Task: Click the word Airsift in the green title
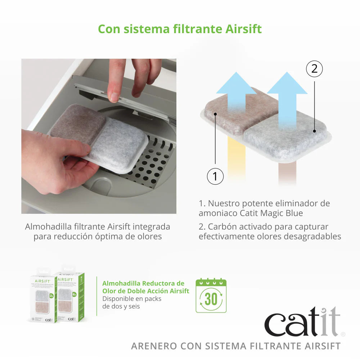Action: click(243, 29)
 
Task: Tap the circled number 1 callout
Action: click(215, 176)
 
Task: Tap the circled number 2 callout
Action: click(314, 69)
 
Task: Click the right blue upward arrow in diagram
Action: click(287, 94)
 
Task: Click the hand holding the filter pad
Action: click(54, 158)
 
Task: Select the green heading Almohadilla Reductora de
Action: click(143, 283)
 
